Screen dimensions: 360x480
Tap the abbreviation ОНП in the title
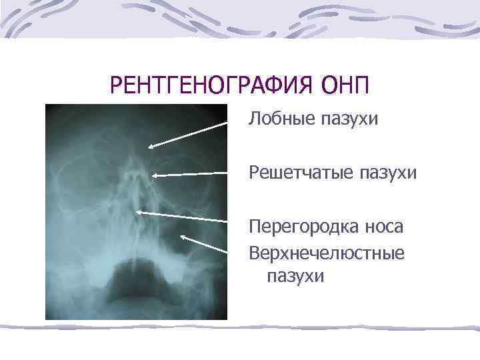coord(345,85)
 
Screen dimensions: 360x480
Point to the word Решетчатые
coord(299,173)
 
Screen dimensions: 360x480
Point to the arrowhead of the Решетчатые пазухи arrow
coord(155,175)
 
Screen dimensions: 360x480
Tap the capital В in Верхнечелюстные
coord(254,253)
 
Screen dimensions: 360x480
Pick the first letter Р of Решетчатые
coord(253,173)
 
